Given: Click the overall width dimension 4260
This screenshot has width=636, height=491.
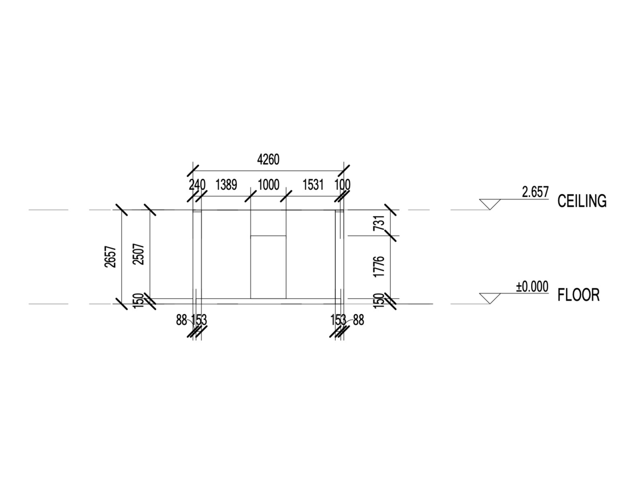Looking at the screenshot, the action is tap(269, 160).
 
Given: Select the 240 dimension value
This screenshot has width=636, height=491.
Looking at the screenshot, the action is tap(197, 185).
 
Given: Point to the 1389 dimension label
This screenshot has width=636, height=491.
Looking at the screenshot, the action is tap(226, 185).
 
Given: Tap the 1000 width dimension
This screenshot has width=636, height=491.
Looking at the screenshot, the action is tap(269, 185).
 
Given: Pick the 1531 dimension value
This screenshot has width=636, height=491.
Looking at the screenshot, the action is tap(313, 185).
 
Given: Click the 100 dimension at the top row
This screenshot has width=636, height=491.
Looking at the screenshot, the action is tap(342, 185).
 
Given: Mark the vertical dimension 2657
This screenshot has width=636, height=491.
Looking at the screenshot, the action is tap(111, 256).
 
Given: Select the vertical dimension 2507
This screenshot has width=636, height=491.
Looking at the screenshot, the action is tap(139, 254).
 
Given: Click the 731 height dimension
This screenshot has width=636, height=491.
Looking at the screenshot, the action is tap(378, 223).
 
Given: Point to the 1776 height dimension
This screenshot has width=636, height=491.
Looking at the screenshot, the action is tap(378, 267).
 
